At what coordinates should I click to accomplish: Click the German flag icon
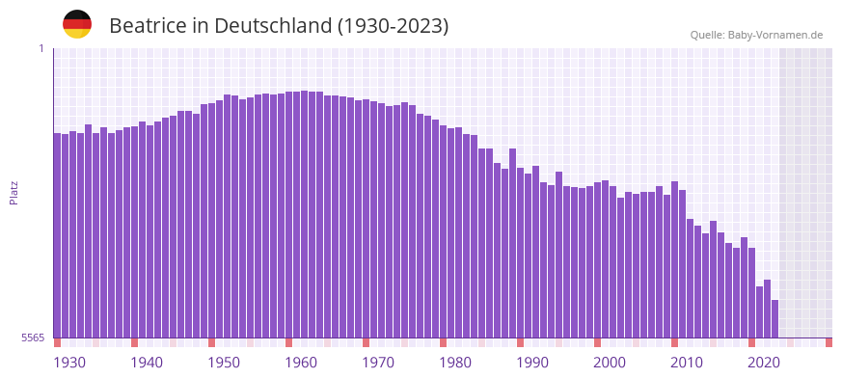(77, 24)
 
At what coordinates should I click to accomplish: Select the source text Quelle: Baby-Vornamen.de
(756, 35)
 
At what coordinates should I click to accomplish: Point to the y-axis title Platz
(14, 193)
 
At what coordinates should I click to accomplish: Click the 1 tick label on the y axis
(41, 48)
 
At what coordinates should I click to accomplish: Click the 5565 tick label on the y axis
(32, 337)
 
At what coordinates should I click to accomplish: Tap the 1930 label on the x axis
(69, 363)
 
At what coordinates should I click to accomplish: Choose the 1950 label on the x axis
(224, 363)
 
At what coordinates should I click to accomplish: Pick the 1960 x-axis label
(301, 363)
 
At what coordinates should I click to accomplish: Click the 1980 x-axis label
(455, 363)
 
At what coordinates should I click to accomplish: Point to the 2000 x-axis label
(610, 363)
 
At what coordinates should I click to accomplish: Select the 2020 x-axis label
(764, 363)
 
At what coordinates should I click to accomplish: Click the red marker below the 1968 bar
(366, 342)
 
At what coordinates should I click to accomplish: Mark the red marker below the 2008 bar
(674, 342)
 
